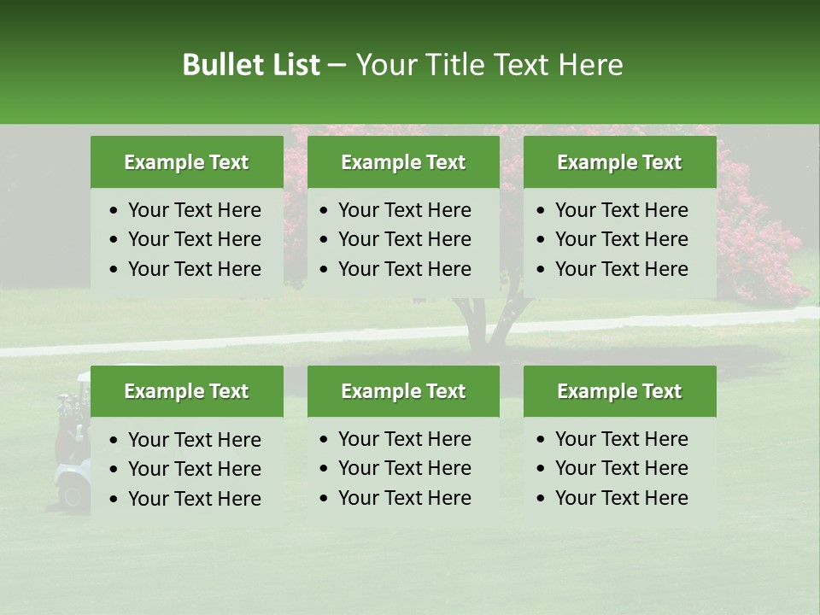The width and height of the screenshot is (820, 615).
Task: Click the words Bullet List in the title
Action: point(250,65)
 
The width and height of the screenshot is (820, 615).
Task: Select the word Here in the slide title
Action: point(590,65)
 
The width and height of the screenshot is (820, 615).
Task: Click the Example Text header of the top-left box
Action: point(186,162)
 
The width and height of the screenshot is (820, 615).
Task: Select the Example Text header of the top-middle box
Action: point(403,162)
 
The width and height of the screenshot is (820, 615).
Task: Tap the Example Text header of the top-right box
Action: point(619,162)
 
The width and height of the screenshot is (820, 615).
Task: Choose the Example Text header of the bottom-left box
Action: point(186,391)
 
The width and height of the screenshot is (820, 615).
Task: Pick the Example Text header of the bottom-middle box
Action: point(403,391)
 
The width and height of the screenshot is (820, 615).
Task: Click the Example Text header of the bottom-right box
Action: point(619,391)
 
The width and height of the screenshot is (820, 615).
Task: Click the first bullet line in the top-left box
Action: point(194,210)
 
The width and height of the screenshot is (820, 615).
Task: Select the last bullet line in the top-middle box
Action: point(404,269)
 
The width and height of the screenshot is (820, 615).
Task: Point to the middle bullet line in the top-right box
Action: point(621,239)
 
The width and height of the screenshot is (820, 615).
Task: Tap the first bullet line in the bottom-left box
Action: point(194,440)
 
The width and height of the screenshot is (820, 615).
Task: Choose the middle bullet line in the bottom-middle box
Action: point(404,468)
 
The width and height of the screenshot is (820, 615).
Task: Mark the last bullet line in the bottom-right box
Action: point(621,498)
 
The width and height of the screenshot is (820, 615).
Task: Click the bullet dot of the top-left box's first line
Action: point(114,211)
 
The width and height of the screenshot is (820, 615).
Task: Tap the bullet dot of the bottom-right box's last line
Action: point(542,499)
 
